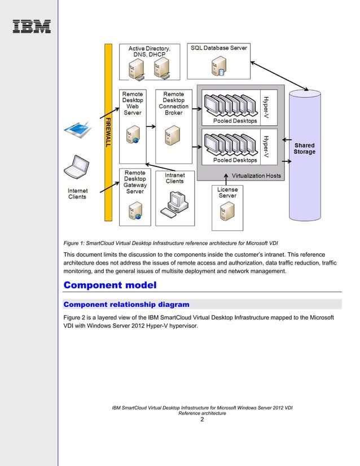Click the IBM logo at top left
(x=32, y=27)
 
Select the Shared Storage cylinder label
(x=304, y=148)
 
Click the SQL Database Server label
(x=218, y=48)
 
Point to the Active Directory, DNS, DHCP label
(x=149, y=52)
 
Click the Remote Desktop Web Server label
(x=133, y=103)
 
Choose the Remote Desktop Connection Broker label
(x=173, y=103)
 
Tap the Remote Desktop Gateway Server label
(x=135, y=182)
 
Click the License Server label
(x=227, y=192)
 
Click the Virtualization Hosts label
(x=256, y=175)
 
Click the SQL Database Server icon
(x=217, y=67)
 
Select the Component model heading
(x=109, y=285)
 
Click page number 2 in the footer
(x=202, y=419)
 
